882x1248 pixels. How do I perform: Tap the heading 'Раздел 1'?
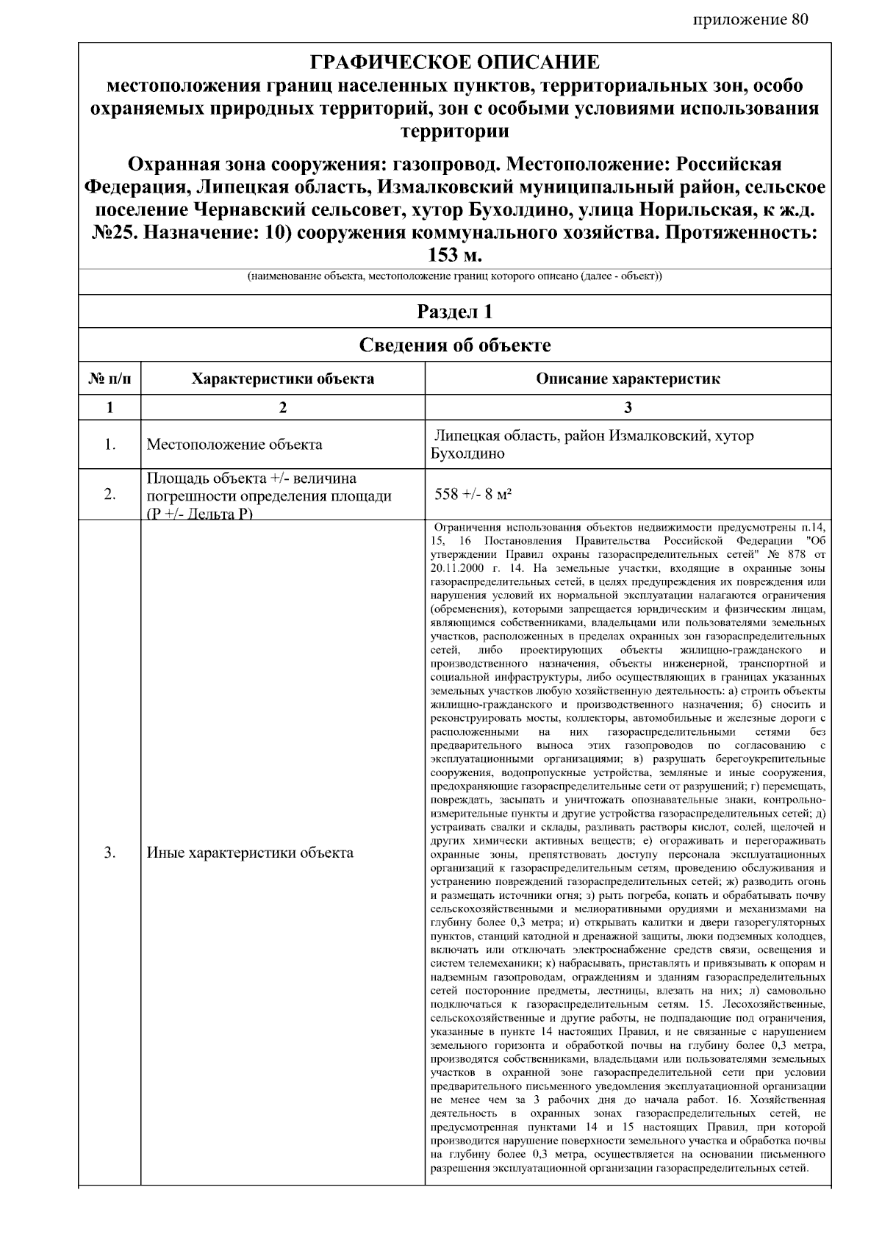[454, 312]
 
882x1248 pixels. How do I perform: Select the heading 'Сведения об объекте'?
[454, 345]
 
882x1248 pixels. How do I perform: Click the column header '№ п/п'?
[110, 379]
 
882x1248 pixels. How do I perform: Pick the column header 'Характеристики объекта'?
[282, 379]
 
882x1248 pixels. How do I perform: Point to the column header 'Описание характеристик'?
[628, 379]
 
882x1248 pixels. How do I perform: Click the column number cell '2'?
[282, 408]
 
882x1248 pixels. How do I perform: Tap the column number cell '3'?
[628, 408]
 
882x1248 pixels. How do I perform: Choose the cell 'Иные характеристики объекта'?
[250, 853]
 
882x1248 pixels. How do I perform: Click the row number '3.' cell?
[110, 853]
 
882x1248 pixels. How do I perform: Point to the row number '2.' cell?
[110, 495]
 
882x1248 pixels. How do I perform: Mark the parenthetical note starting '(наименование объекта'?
[454, 277]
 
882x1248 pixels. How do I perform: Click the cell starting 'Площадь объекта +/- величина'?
[251, 479]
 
